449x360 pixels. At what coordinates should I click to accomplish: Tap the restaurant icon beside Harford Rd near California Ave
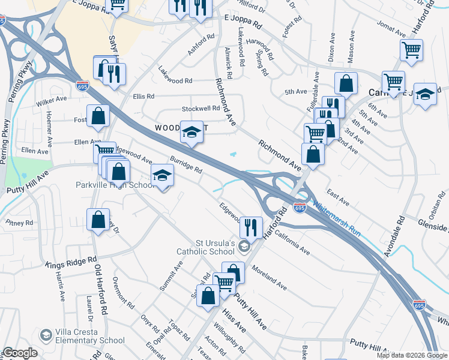pyautogui.click(x=251, y=227)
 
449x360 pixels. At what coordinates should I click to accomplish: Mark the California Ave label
pyautogui.click(x=292, y=242)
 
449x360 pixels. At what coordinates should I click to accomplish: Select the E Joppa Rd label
pyautogui.click(x=243, y=23)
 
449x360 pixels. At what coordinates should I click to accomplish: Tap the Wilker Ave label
pyautogui.click(x=52, y=100)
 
